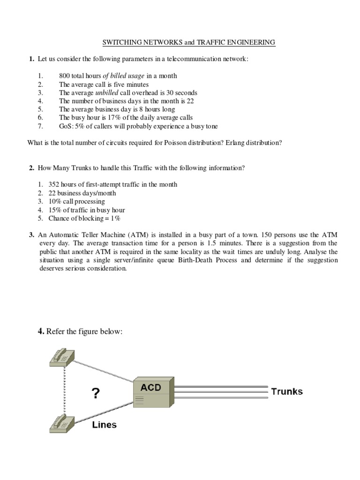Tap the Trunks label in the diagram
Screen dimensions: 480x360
(x=287, y=391)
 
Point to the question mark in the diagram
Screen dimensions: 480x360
(x=96, y=393)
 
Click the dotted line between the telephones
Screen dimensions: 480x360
(x=60, y=390)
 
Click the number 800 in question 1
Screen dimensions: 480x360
(x=65, y=75)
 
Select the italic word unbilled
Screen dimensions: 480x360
(x=105, y=92)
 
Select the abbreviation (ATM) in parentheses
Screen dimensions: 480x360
(x=132, y=234)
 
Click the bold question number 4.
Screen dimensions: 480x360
(x=41, y=331)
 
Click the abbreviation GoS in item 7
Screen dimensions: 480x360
(x=65, y=126)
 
